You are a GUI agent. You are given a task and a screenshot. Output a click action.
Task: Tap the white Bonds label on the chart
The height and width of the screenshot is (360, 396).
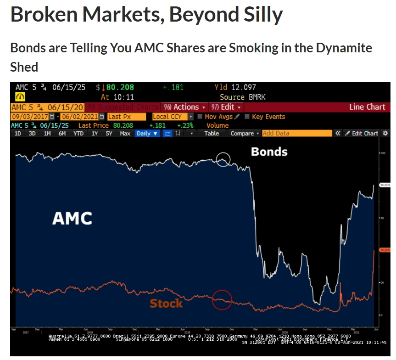[269, 151]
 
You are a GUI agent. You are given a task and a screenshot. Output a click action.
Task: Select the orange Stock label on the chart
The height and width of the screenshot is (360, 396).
[166, 303]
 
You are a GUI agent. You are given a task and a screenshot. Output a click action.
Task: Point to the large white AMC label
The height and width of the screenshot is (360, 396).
[72, 219]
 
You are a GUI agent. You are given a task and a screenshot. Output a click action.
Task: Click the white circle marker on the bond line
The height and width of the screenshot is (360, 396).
[223, 160]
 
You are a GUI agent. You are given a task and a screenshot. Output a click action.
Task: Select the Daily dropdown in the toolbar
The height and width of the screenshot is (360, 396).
[147, 133]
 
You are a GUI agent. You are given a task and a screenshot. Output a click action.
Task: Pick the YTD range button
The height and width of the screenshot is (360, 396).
[78, 133]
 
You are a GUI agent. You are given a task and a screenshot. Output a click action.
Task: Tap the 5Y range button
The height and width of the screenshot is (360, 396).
[109, 133]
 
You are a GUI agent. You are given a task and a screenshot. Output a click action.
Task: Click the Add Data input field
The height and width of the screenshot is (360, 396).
[296, 133]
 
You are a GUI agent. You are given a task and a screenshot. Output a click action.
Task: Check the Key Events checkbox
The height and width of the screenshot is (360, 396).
[248, 117]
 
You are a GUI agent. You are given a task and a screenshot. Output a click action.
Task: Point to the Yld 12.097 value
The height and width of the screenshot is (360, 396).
[235, 87]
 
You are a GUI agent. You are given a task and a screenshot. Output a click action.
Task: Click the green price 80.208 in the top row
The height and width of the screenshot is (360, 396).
[119, 87]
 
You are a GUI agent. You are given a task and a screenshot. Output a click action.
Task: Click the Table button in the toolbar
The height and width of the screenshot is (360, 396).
[212, 133]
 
